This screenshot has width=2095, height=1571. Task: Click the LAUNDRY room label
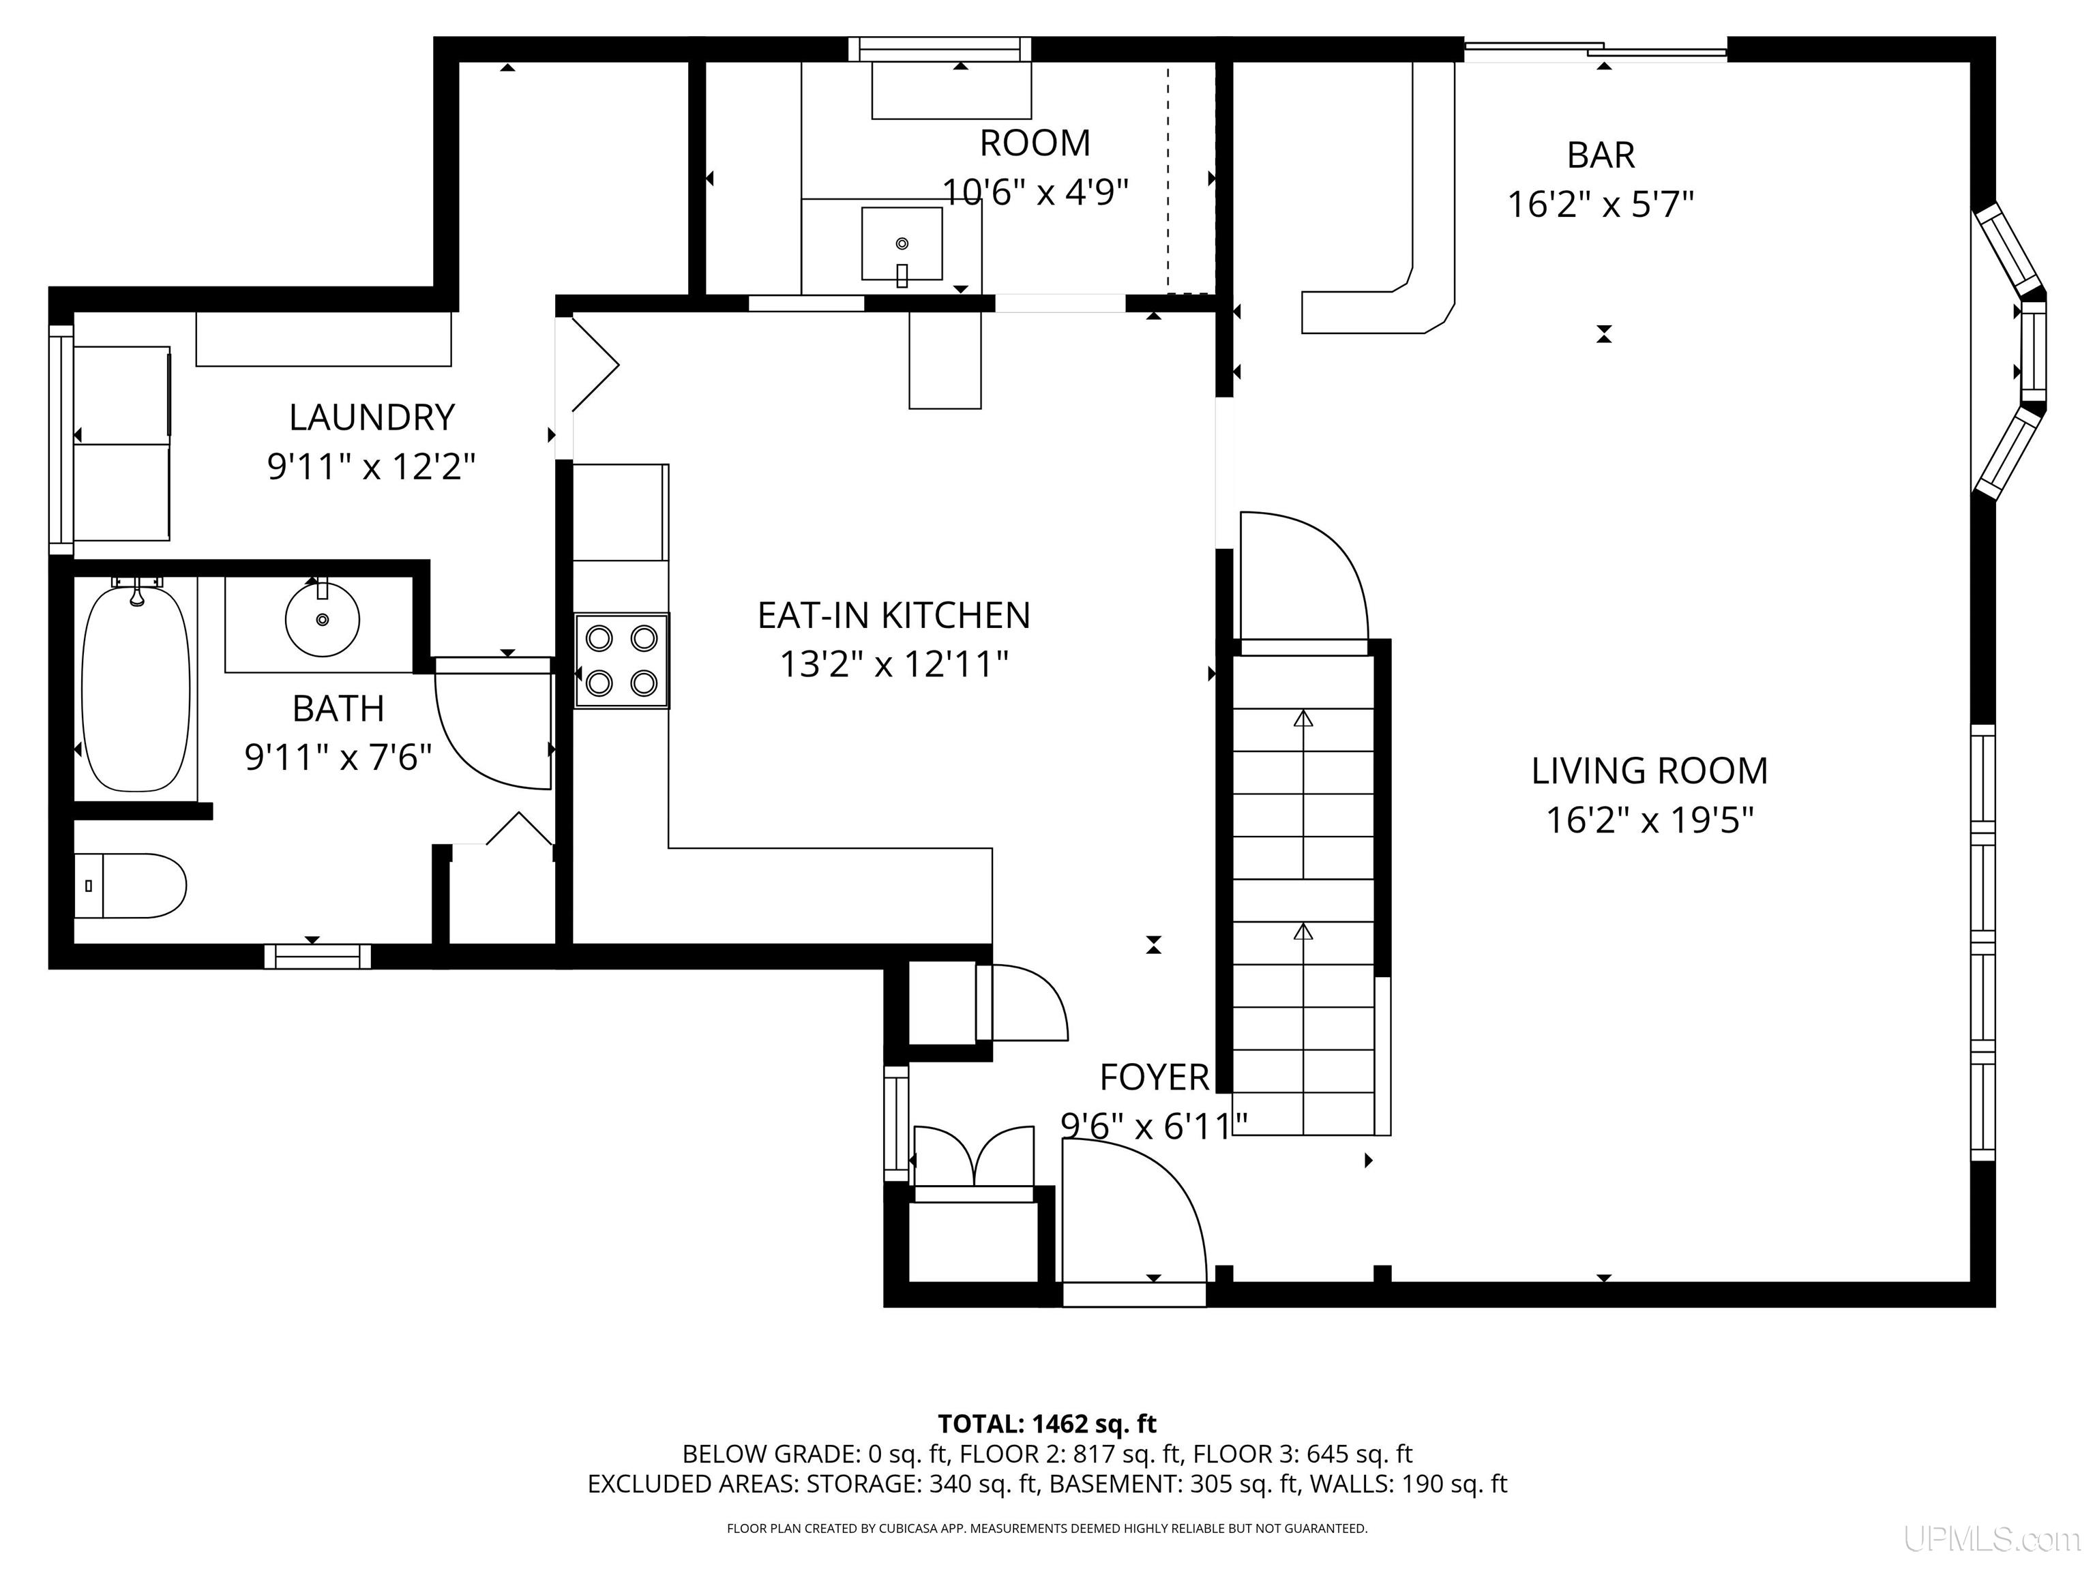click(371, 417)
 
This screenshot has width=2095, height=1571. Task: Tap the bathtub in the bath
click(136, 689)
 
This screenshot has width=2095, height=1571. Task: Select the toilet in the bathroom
click(130, 886)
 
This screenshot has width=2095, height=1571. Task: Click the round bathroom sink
click(322, 619)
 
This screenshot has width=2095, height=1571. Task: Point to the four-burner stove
click(621, 660)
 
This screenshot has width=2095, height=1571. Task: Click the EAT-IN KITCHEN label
click(893, 616)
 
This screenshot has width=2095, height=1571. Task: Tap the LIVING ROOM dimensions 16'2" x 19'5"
click(1650, 820)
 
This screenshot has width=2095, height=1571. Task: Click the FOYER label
click(1154, 1077)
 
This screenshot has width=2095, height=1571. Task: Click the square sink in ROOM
click(902, 244)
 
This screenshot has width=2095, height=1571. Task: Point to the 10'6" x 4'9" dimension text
click(1035, 192)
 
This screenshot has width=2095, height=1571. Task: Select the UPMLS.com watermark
click(1992, 1539)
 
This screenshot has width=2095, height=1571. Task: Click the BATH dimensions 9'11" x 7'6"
click(338, 758)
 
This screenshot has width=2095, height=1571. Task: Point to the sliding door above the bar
click(1596, 50)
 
